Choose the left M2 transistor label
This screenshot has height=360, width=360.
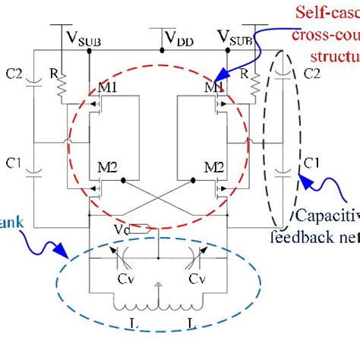click(103, 167)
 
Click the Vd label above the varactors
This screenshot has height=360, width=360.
click(140, 229)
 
